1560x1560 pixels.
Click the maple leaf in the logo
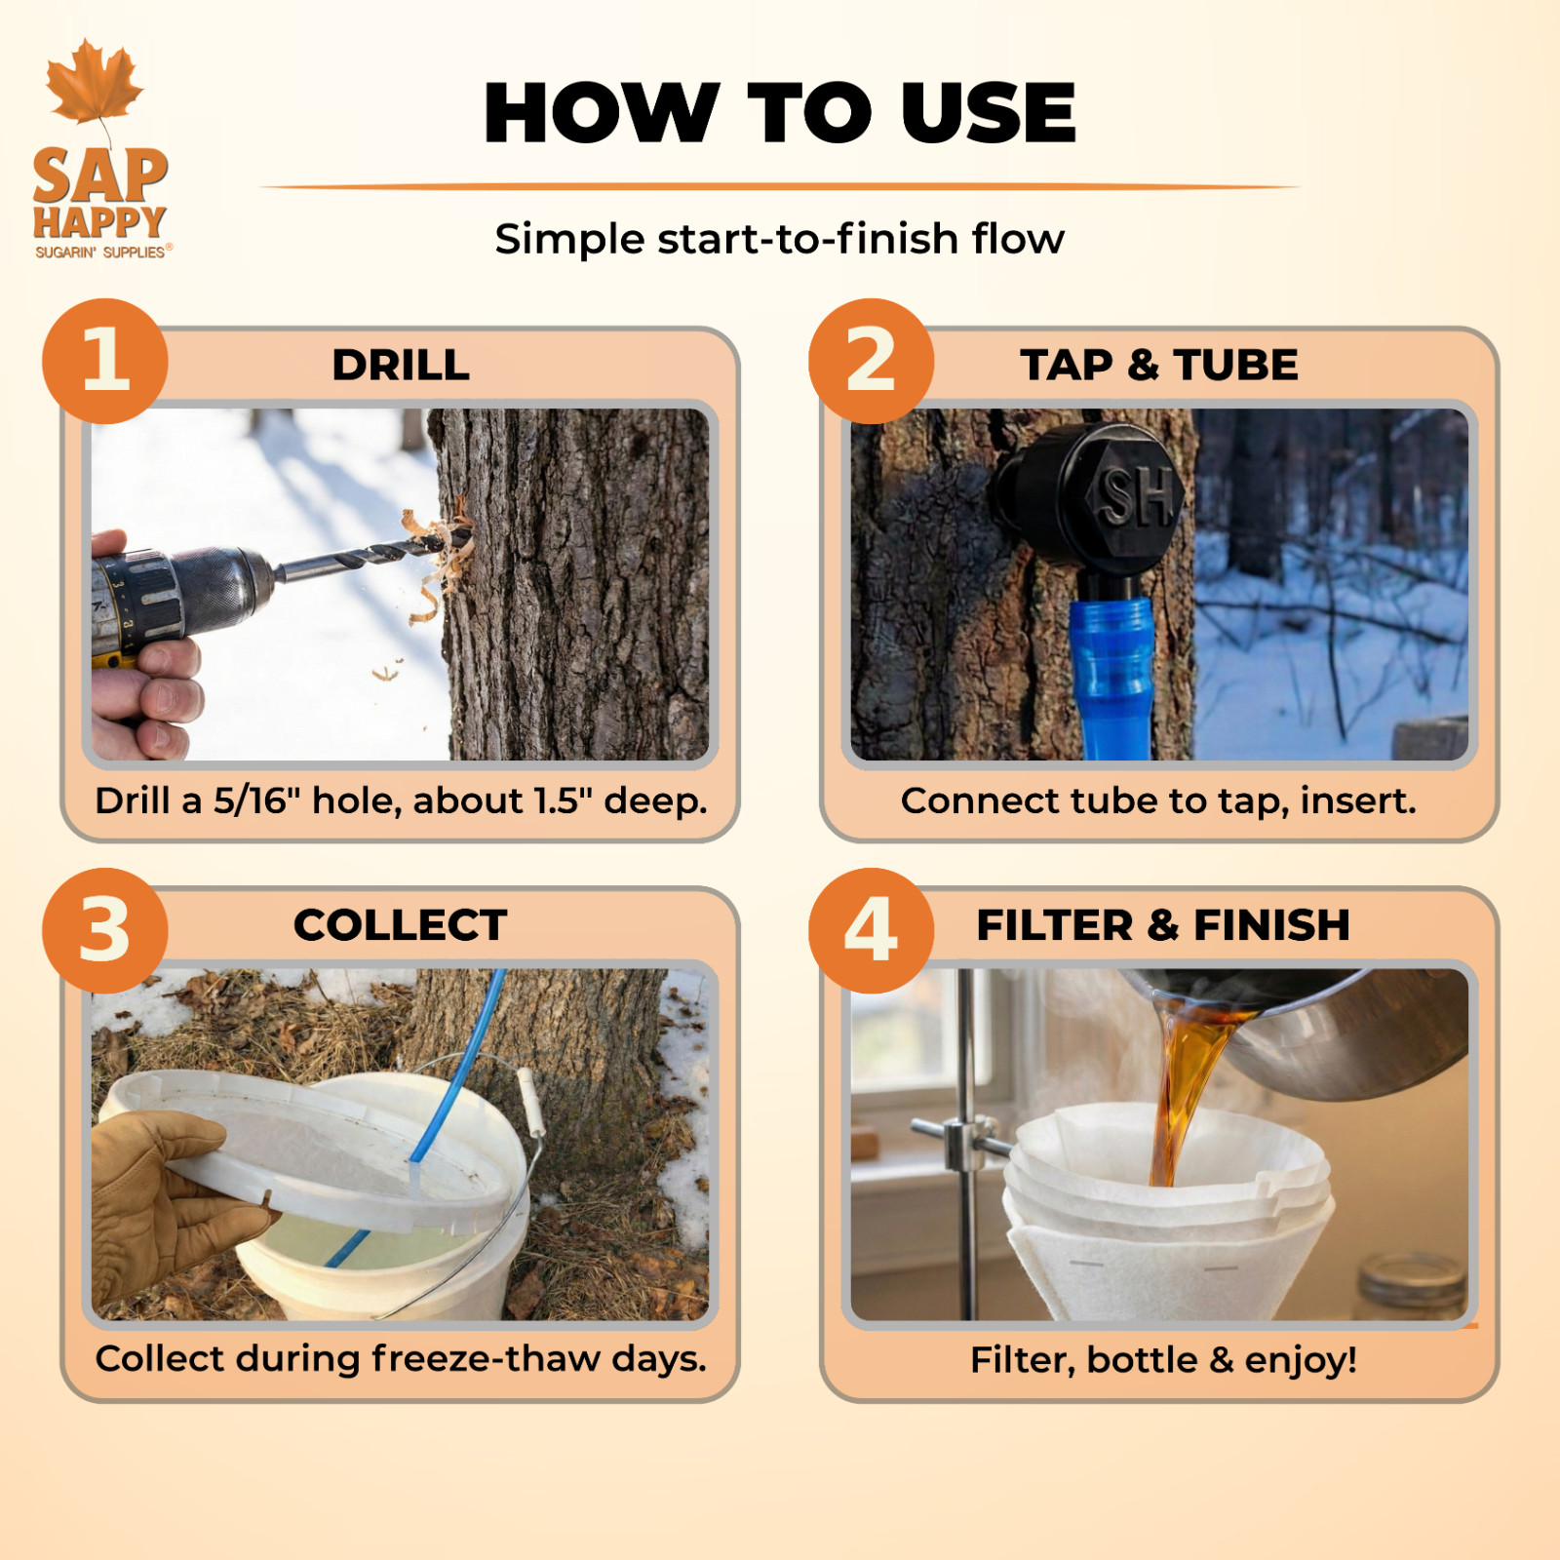tap(95, 83)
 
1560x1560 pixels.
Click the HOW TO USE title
tap(780, 113)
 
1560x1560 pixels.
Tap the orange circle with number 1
tap(105, 361)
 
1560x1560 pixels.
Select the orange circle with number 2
tap(872, 361)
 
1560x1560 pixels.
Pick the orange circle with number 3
tap(105, 931)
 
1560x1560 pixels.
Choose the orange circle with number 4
tap(872, 931)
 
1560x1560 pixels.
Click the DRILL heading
tap(401, 365)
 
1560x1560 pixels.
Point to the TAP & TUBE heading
tap(1159, 365)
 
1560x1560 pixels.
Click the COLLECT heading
tap(401, 925)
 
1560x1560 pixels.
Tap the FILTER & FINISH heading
tap(1163, 925)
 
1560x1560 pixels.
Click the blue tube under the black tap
tap(1113, 678)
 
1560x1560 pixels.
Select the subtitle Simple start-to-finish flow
tap(780, 239)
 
